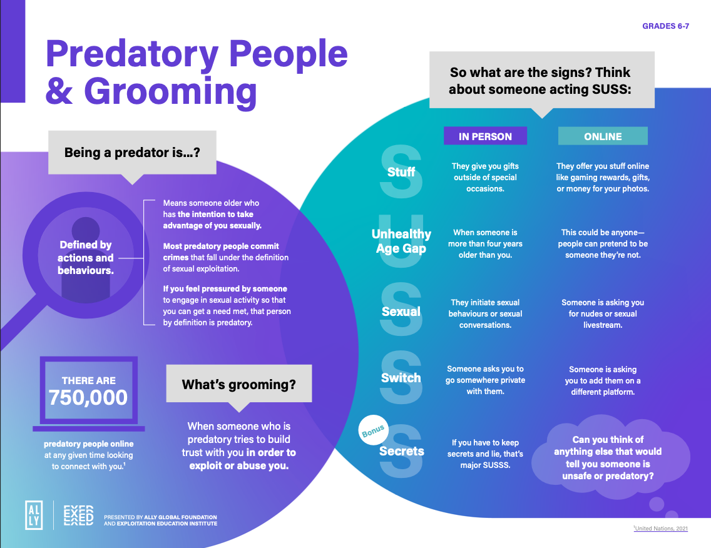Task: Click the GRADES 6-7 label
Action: tap(665, 26)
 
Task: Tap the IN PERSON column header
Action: tap(485, 136)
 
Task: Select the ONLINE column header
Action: tap(603, 136)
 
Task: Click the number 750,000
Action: tap(88, 397)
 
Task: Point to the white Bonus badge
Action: tap(373, 431)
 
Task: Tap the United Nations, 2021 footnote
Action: tap(661, 529)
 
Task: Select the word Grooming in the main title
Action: tap(170, 91)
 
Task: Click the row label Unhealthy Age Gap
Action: tap(401, 241)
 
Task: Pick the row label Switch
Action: tap(401, 378)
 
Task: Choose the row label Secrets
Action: tap(402, 451)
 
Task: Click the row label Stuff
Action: tap(401, 171)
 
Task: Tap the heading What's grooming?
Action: tap(238, 384)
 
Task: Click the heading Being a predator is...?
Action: tap(132, 152)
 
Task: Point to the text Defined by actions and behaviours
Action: tap(86, 258)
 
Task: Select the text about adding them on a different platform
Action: tap(603, 381)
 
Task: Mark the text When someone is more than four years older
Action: tap(485, 244)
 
